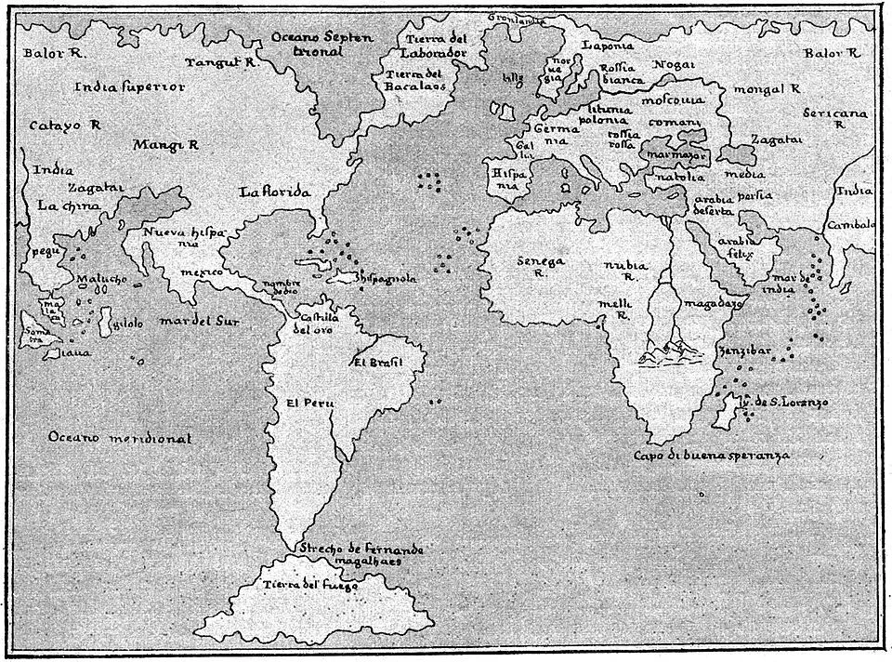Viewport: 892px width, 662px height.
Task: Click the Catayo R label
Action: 64,124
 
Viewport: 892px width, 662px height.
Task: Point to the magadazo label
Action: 710,303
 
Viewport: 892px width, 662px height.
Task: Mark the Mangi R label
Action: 165,145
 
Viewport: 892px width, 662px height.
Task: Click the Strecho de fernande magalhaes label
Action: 361,555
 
